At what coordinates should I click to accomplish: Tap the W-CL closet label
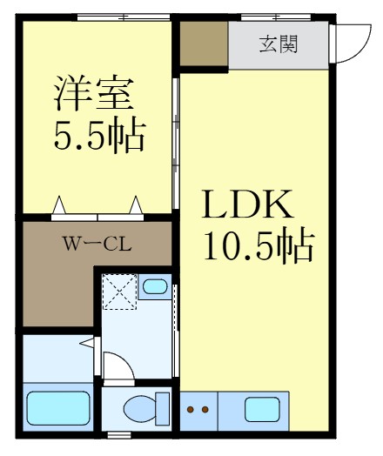click(96, 244)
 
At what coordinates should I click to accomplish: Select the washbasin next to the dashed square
click(154, 286)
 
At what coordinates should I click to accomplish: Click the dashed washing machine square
click(119, 292)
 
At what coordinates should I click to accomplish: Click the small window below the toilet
click(118, 434)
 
